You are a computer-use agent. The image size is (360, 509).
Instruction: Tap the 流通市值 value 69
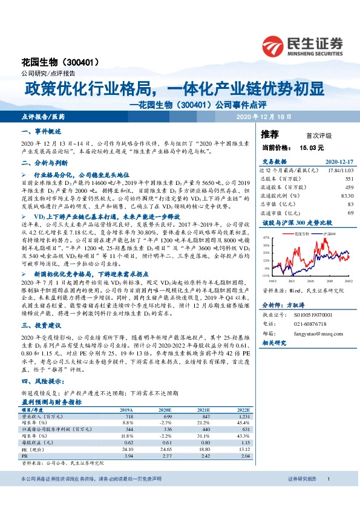(350, 213)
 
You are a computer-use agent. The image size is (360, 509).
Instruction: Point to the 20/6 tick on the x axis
(311, 280)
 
